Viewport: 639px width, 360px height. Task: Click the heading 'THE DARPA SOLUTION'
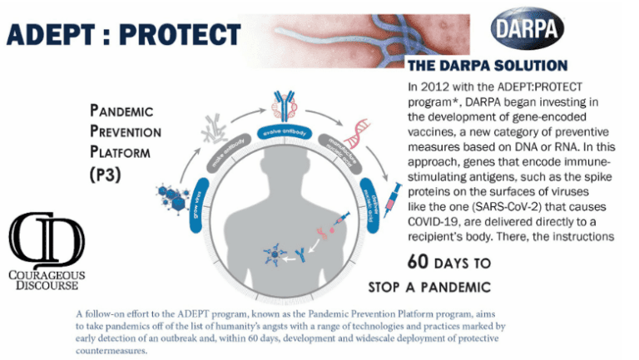click(488, 66)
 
